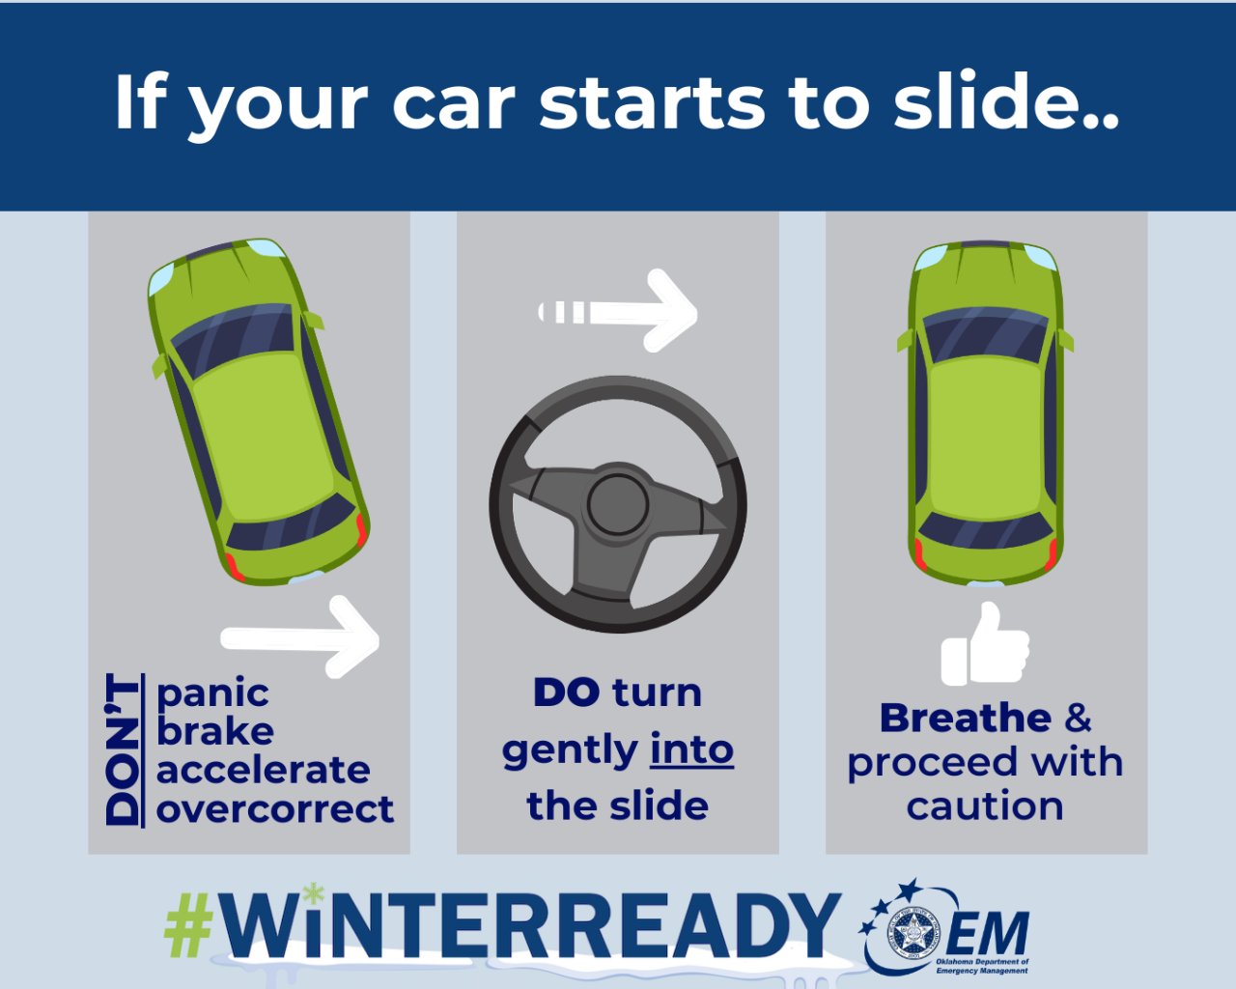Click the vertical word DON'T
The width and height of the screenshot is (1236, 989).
123,749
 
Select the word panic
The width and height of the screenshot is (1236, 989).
212,693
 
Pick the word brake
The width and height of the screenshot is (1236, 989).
215,731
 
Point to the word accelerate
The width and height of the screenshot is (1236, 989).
263,770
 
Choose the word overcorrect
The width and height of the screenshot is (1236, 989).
275,808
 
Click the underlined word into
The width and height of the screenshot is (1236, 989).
691,749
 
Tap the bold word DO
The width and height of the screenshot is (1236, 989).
566,692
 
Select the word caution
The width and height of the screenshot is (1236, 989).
985,805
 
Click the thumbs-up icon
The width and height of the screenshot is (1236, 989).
985,645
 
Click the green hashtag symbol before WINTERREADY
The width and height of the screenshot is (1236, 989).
188,924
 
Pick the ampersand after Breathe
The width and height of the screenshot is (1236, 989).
1078,719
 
